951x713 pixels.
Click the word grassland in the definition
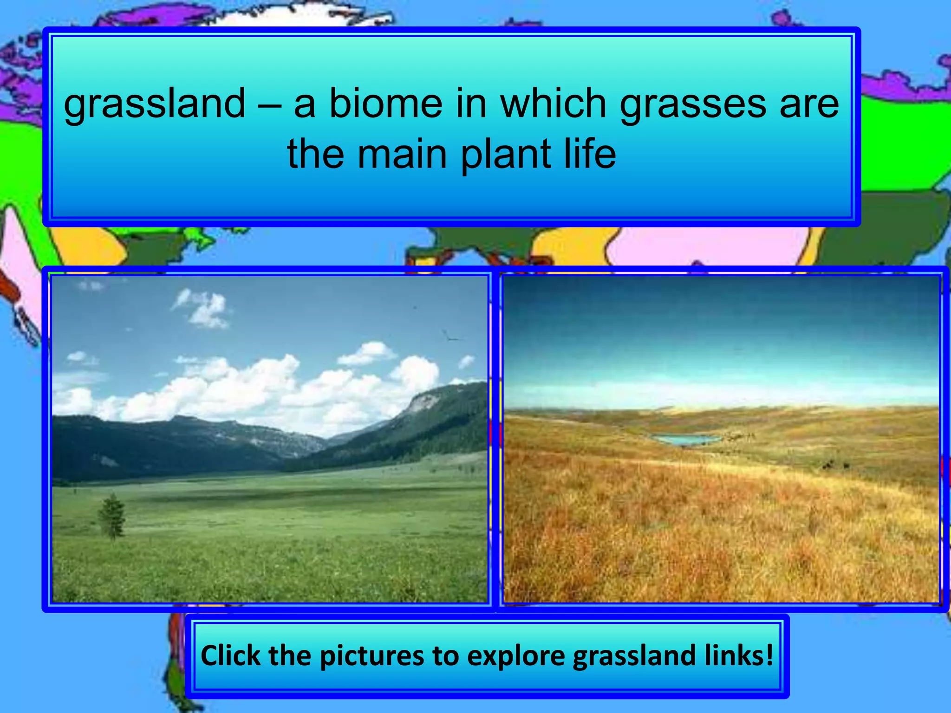coord(154,104)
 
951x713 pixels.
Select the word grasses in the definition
coord(693,104)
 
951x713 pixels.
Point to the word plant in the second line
coord(506,154)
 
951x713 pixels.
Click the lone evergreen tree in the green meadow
coord(112,516)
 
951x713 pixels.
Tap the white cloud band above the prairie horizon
coord(720,390)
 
